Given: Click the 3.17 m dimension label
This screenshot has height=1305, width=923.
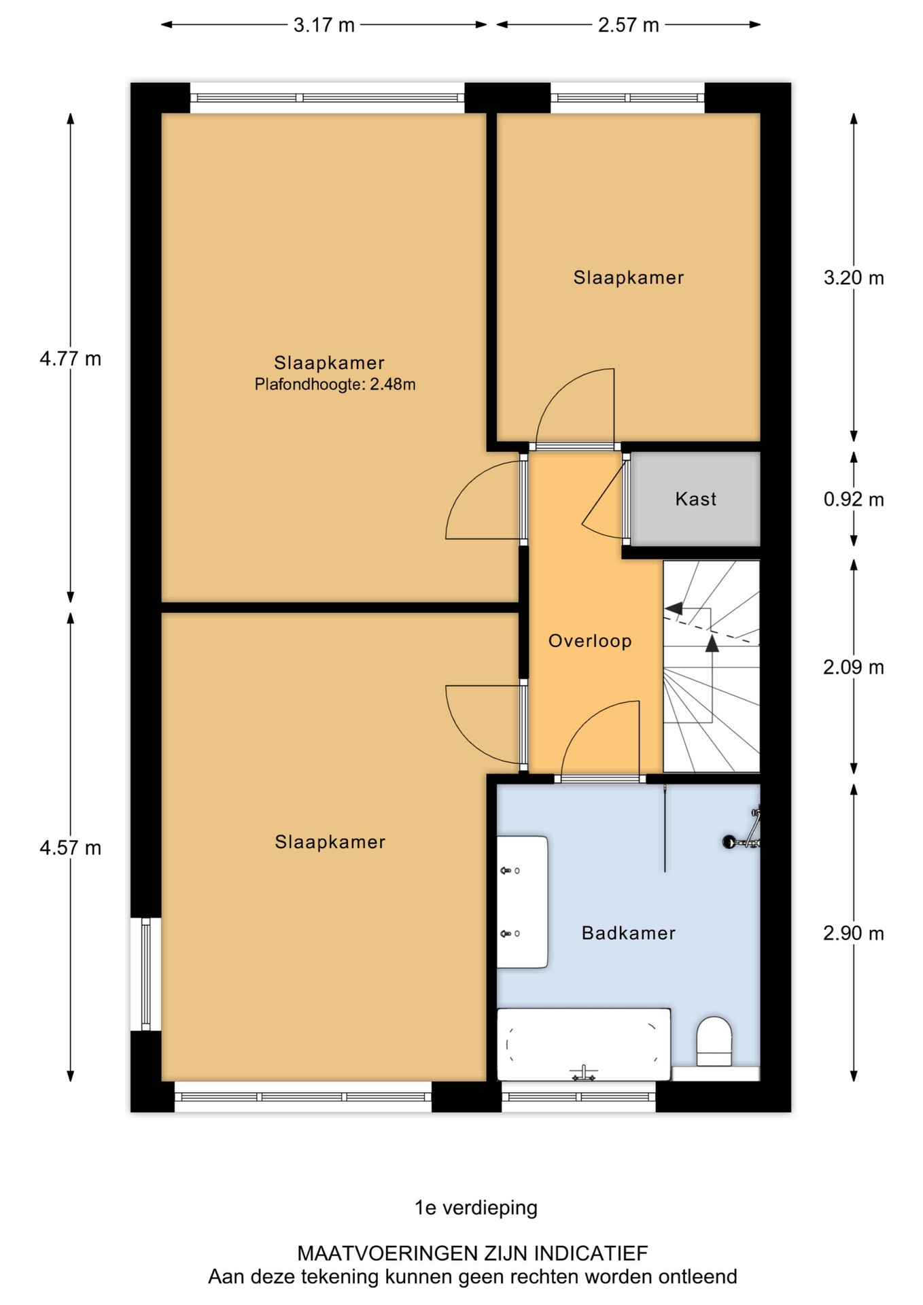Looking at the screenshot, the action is point(324,25).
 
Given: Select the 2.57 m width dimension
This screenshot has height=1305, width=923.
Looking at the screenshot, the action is point(629,25).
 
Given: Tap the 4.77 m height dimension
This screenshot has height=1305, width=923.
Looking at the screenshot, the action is point(71,358).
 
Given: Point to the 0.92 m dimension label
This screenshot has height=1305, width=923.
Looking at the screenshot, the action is point(854,500).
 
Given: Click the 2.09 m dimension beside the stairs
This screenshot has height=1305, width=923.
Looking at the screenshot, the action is point(854,667).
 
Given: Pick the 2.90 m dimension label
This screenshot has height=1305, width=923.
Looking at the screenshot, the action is point(854,933).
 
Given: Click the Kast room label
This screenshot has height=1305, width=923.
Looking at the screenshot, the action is point(696,499).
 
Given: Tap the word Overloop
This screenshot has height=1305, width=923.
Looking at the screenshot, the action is point(590,641).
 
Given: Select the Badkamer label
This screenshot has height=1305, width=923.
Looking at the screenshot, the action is point(629,933).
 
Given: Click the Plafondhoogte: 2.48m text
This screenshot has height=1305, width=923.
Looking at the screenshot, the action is point(335,385).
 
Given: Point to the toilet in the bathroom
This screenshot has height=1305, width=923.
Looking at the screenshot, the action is point(714,1041).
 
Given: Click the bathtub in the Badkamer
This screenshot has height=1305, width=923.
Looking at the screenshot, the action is point(584,1045).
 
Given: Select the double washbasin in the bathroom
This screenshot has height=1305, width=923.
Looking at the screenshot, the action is point(522,902).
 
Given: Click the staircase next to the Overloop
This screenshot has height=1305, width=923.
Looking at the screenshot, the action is point(711,666).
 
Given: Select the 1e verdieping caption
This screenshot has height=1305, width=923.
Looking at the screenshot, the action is point(476,1207).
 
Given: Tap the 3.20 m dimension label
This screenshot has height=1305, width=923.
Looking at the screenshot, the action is point(854,277).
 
